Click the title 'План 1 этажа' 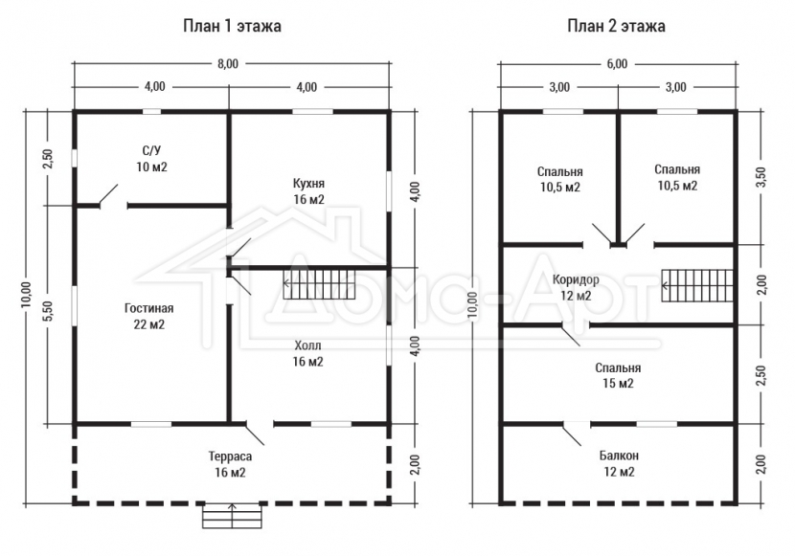point(232,26)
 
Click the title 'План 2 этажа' point(616,26)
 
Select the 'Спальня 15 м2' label point(618,375)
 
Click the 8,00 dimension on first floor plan point(228,64)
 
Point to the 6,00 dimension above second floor point(617,64)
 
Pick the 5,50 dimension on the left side point(49,311)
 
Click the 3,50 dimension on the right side point(761,177)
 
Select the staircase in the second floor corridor point(697,285)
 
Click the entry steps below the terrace point(232,516)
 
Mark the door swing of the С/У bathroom point(109,195)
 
